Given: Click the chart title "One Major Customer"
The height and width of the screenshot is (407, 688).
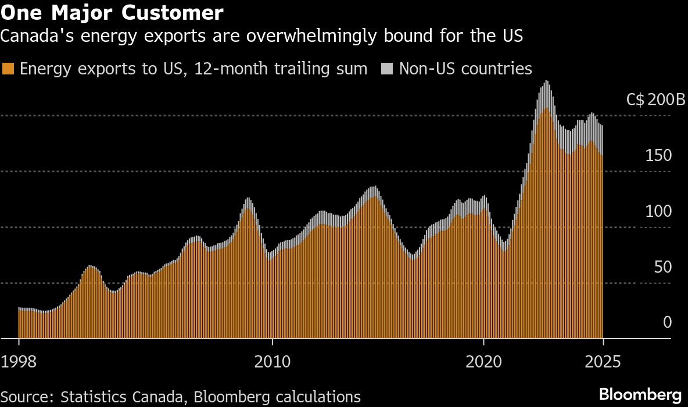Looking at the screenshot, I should [x=112, y=12].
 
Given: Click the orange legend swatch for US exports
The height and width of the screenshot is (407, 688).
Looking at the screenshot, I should [x=8, y=69].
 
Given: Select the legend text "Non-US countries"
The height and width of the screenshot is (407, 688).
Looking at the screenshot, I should [x=465, y=69].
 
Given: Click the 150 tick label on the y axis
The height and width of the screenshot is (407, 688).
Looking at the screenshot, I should [x=658, y=155].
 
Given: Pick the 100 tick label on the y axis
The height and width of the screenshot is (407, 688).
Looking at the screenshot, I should [x=658, y=211].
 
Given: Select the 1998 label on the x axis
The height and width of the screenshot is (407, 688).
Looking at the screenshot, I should [x=19, y=362].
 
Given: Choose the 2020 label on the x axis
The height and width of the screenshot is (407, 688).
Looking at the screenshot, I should [x=484, y=362].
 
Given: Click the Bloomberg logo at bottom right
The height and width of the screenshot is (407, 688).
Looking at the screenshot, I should [x=640, y=392].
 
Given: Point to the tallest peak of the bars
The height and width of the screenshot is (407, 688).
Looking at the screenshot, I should [x=546, y=83].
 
